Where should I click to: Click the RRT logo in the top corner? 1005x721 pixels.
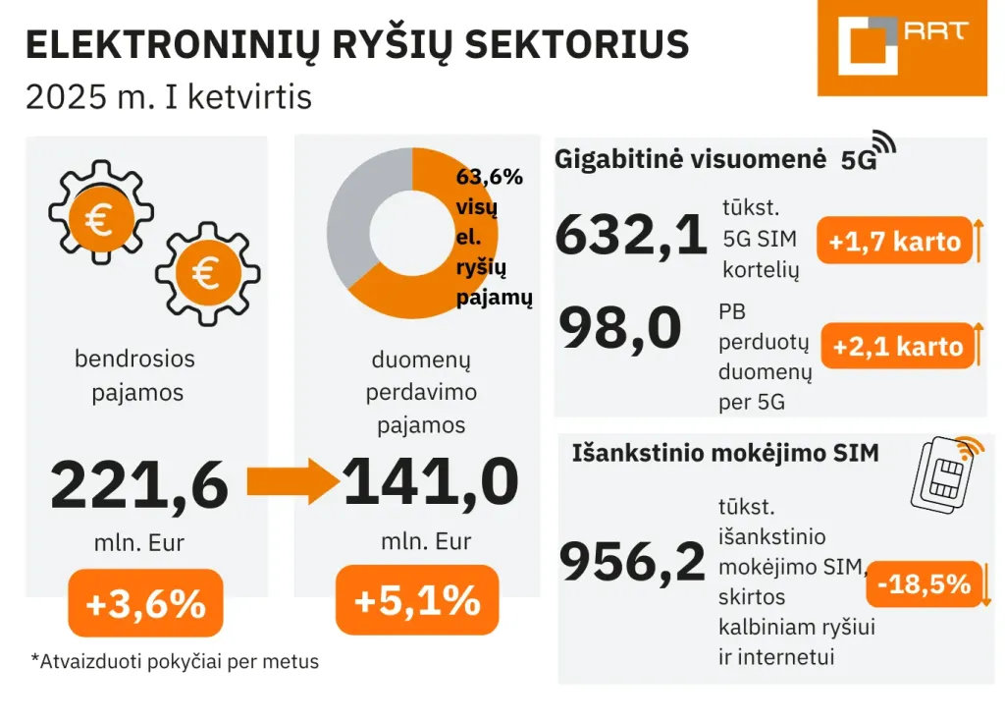[x=901, y=46]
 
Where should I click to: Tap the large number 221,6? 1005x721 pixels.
[x=139, y=486]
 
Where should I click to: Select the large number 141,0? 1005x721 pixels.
[x=430, y=482]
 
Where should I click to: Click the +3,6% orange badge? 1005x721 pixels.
[x=145, y=603]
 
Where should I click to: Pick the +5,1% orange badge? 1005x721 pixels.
[x=417, y=600]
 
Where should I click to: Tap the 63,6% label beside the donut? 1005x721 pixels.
[x=489, y=178]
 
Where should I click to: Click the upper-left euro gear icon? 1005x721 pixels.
[x=100, y=218]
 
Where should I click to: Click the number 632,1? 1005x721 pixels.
[x=631, y=236]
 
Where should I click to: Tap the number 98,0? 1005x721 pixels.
[x=620, y=330]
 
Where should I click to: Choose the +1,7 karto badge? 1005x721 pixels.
[x=894, y=242]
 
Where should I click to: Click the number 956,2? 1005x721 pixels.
[x=632, y=562]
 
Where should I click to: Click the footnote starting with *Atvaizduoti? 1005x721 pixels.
[x=175, y=661]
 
